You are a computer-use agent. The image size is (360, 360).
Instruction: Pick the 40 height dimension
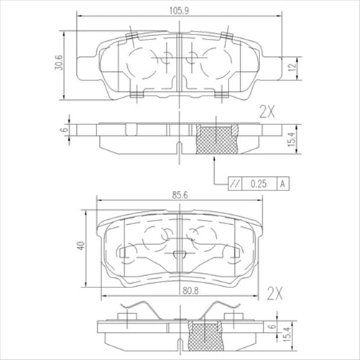83,246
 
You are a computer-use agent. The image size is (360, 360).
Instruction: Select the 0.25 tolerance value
259,184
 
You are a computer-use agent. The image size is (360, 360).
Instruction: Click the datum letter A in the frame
282,184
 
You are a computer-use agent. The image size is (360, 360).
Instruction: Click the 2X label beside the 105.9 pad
267,111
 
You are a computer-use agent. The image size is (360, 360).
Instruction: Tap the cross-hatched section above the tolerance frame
217,138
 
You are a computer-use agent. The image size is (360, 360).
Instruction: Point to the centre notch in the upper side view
177,147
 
